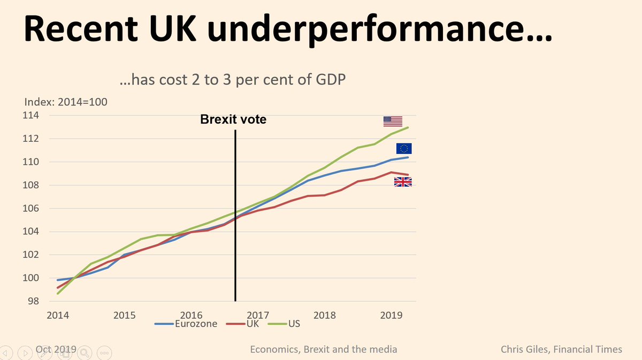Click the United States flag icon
(x=393, y=121)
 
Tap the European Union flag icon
(x=403, y=149)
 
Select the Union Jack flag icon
(x=402, y=182)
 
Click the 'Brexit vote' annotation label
(x=233, y=120)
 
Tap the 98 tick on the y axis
(x=36, y=301)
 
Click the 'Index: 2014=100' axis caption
(x=66, y=101)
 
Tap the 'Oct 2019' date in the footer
(x=56, y=349)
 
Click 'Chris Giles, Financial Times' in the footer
(x=561, y=349)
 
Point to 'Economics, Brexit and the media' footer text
(x=324, y=349)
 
